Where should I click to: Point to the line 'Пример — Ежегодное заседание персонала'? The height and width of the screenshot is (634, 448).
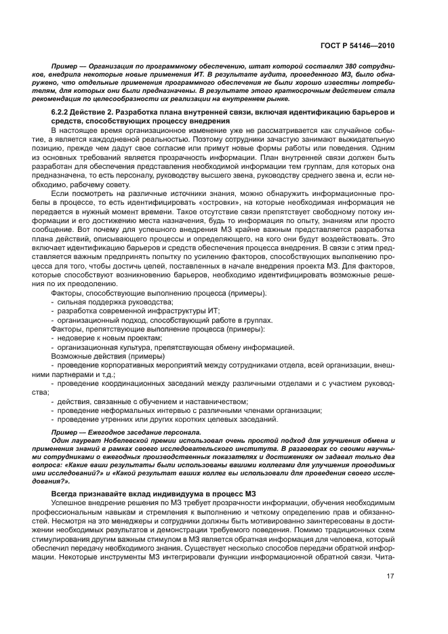pos(125,432)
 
